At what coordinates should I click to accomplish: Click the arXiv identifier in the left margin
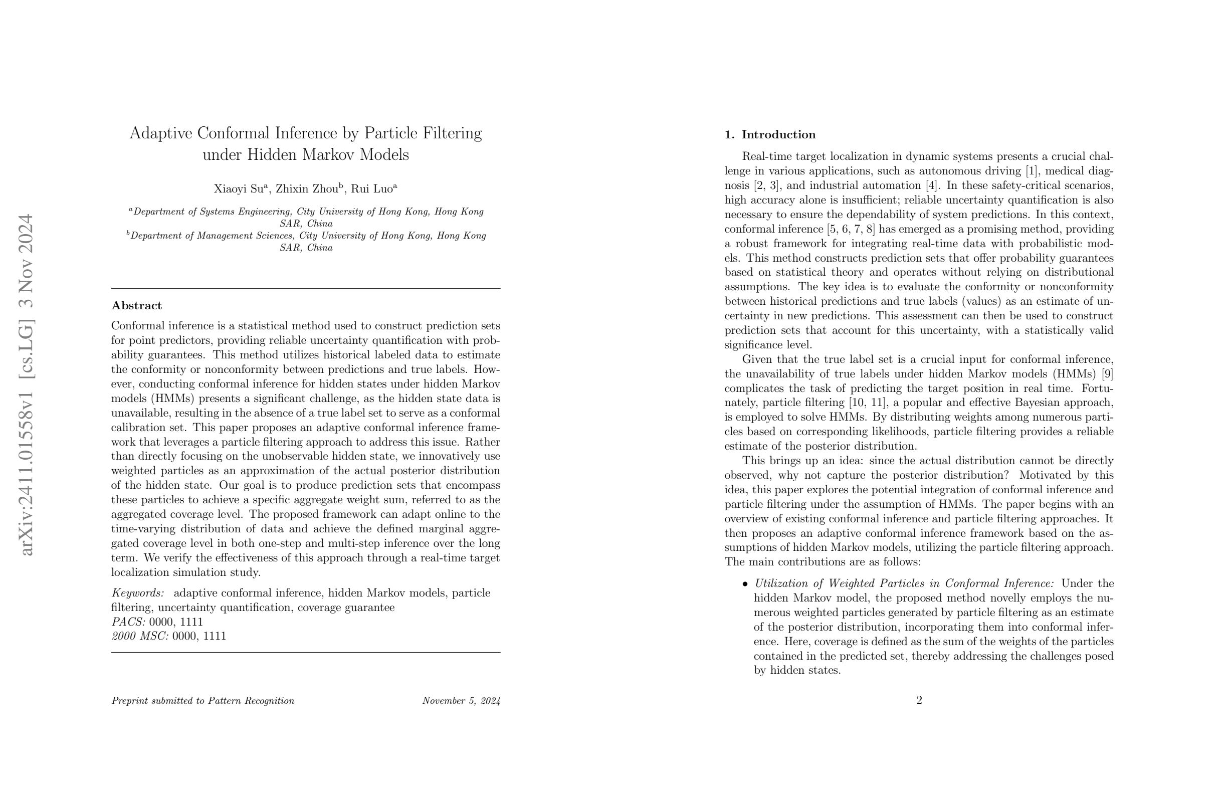[27, 384]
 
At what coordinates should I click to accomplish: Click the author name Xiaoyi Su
[239, 188]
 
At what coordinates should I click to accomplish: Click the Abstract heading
[137, 306]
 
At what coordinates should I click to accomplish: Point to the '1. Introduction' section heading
[770, 135]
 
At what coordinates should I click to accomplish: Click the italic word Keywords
[138, 593]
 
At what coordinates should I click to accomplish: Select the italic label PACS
[128, 622]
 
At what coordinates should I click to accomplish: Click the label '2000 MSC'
[140, 636]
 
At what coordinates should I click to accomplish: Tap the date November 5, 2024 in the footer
[461, 701]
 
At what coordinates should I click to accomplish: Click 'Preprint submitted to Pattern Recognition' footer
[202, 701]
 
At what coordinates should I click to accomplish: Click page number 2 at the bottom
[919, 700]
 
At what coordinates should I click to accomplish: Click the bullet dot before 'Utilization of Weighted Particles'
[745, 584]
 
